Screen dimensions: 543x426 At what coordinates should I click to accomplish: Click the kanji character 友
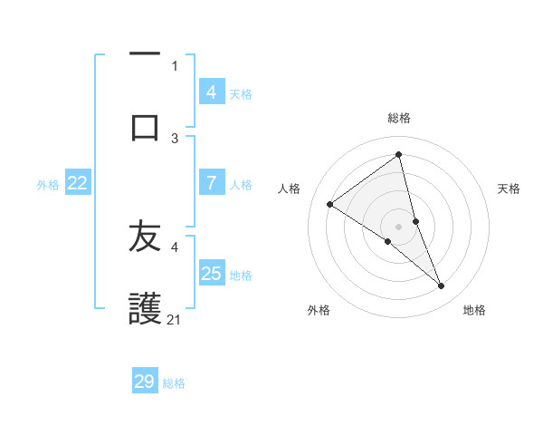tap(145, 237)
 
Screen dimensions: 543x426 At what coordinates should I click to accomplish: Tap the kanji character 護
tap(145, 308)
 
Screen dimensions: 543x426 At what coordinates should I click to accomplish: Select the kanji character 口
tap(145, 127)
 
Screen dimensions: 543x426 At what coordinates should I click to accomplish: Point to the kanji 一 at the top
tap(145, 54)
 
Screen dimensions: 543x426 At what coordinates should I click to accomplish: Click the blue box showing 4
tap(211, 92)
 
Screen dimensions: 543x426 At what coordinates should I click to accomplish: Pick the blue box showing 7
tap(211, 183)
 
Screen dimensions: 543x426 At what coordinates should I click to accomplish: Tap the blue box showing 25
tap(211, 274)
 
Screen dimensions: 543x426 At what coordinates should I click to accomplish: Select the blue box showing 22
tap(77, 183)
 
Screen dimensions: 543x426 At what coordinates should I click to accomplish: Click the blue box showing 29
tap(145, 382)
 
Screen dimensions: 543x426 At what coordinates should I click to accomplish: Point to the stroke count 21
tap(175, 319)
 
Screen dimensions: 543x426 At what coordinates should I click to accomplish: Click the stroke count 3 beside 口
tap(175, 138)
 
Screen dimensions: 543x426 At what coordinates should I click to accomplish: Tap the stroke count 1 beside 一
tap(175, 65)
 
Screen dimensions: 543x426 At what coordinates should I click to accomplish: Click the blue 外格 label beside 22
tap(48, 185)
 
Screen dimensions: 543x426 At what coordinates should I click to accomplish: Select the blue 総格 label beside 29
tap(174, 383)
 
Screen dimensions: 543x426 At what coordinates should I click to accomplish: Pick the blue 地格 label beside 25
tap(241, 276)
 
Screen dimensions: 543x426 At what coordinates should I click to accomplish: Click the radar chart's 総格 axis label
tap(399, 118)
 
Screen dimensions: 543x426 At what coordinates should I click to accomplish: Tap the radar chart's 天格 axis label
tap(510, 189)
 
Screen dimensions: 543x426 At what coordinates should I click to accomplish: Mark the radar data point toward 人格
tap(329, 204)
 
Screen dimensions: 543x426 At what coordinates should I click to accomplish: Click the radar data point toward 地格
tap(442, 286)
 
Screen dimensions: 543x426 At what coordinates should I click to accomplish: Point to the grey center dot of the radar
tap(399, 226)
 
